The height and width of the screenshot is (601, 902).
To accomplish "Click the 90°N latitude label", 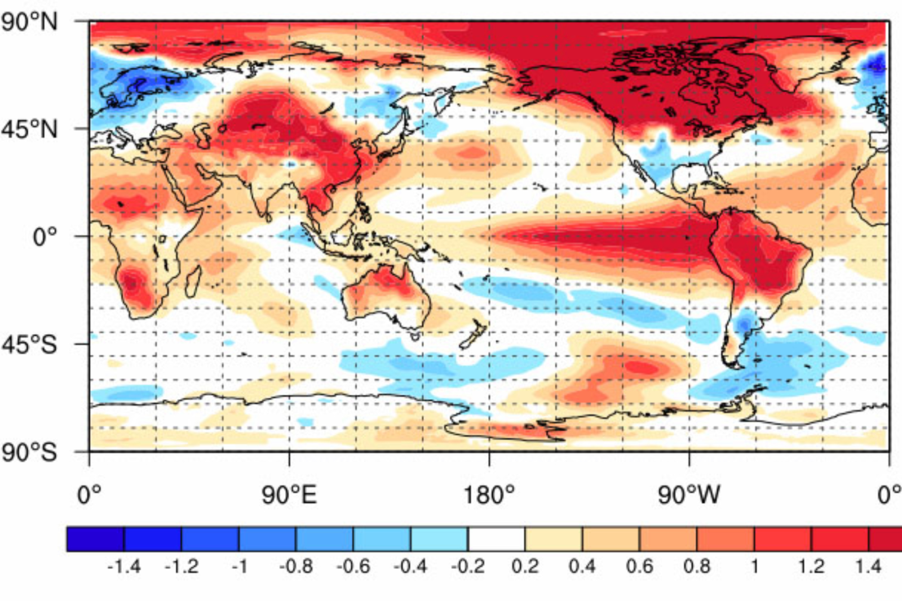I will [x=29, y=23].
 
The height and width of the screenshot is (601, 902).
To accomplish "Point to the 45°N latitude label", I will [x=29, y=130].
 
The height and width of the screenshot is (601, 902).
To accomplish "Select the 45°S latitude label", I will [x=29, y=344].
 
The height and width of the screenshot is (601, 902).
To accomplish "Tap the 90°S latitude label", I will [x=29, y=452].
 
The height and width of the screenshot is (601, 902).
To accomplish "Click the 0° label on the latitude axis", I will [x=45, y=237].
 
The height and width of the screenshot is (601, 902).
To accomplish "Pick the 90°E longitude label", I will [x=289, y=496].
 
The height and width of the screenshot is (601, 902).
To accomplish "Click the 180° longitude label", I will [x=489, y=496].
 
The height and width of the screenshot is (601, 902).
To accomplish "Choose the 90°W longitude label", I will [x=688, y=496].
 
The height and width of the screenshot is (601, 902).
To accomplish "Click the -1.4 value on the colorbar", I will [x=124, y=565].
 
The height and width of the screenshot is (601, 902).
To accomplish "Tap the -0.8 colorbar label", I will [x=295, y=565].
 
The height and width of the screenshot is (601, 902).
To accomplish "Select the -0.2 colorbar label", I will [x=467, y=565].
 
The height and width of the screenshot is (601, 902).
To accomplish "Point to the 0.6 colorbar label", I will [x=639, y=565].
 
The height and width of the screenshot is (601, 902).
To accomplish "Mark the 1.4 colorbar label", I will [x=868, y=565].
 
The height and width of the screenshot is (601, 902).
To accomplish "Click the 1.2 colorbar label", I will [x=811, y=565].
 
